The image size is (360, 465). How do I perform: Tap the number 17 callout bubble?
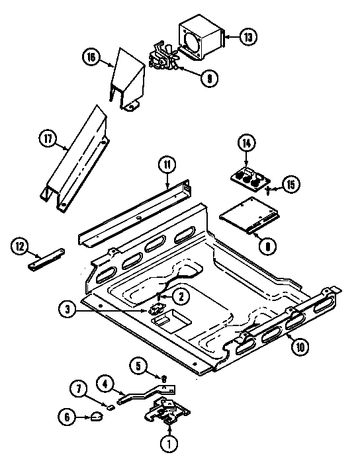click(x=46, y=139)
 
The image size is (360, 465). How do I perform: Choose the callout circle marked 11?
click(x=167, y=163)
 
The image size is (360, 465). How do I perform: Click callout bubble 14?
click(x=246, y=142)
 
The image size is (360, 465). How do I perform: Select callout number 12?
click(x=21, y=247)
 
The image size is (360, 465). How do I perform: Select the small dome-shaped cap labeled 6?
click(x=95, y=416)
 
